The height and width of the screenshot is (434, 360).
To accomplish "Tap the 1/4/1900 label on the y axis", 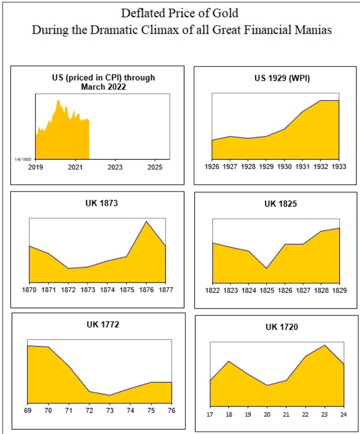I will (25, 159).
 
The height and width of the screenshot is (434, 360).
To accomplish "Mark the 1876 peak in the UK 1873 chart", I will (146, 221).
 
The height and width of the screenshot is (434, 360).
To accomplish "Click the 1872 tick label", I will (68, 291).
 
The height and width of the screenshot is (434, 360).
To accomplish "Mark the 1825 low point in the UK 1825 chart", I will (267, 268).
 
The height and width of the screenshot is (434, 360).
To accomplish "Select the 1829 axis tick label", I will (339, 291).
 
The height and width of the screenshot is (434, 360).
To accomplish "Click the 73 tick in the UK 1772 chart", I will (109, 410).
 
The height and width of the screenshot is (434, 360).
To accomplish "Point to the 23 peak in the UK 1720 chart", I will (324, 345).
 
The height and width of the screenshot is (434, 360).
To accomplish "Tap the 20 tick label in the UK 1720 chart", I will (267, 413).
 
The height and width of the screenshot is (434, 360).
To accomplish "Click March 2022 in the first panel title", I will (103, 86).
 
